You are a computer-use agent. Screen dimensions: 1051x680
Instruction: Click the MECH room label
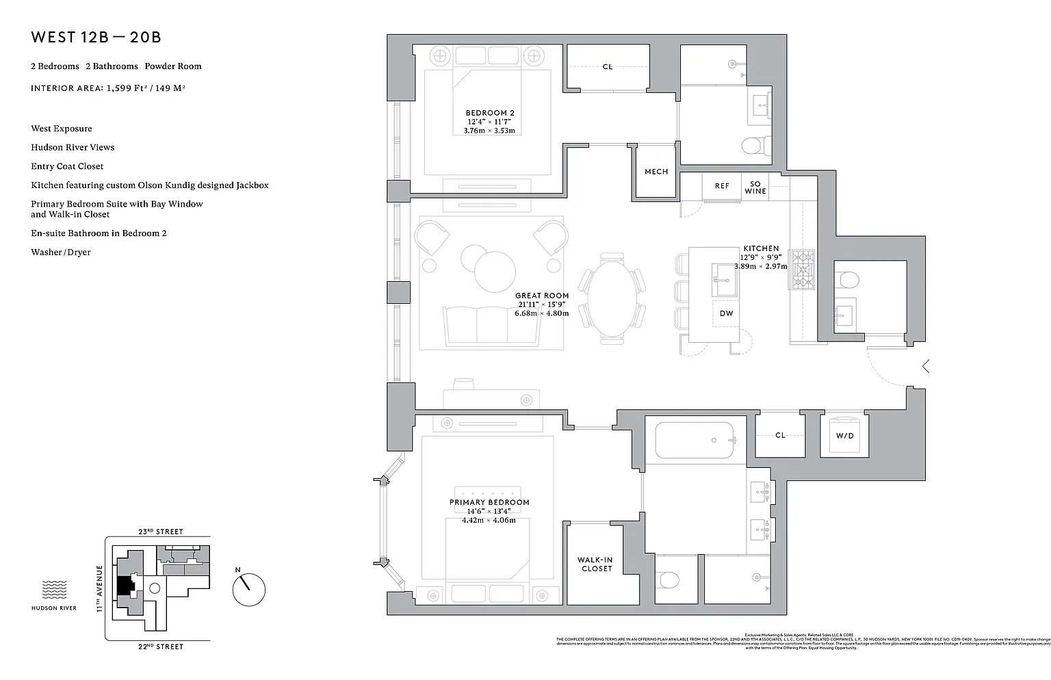pos(656,172)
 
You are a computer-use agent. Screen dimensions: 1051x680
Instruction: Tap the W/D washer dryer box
pos(845,435)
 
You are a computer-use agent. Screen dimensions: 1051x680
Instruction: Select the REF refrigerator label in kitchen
pos(722,186)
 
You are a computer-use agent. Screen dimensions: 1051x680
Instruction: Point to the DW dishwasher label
pos(726,313)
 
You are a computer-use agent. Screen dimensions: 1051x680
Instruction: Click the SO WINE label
pos(755,187)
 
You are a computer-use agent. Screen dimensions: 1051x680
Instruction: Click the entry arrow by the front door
pos(925,367)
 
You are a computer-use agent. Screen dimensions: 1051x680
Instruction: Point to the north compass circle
pos(248,590)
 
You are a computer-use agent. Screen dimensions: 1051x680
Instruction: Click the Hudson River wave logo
pos(54,590)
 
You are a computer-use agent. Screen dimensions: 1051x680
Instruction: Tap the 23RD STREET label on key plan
pos(160,532)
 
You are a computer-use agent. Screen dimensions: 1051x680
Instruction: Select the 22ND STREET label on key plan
pos(160,646)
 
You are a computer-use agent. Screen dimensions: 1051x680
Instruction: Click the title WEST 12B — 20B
pos(96,37)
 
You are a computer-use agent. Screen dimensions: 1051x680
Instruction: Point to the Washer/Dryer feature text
pos(61,252)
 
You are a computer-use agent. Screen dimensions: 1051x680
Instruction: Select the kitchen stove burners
pos(802,270)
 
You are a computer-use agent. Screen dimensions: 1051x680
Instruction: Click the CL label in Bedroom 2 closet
pos(608,67)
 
